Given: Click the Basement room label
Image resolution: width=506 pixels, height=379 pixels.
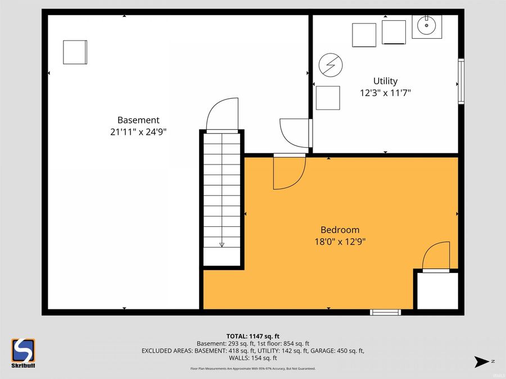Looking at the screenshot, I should [x=138, y=120].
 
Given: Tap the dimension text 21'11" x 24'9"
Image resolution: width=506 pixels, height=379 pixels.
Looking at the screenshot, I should [x=138, y=132].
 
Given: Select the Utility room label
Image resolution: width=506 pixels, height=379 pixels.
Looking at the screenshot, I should [x=386, y=81].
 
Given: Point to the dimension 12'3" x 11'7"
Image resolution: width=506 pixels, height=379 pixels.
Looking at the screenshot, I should [x=386, y=93].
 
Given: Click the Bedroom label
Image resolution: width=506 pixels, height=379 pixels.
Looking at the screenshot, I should [x=340, y=230].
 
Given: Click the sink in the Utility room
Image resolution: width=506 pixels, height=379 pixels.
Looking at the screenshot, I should [x=427, y=26].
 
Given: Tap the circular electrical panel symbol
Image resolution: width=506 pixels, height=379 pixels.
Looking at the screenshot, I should [x=329, y=65].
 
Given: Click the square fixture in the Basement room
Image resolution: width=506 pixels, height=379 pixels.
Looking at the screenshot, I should [x=75, y=52].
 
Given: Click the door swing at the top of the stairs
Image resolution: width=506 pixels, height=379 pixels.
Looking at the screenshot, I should [x=223, y=115].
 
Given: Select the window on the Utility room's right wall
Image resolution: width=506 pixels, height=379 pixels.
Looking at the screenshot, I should [x=461, y=82].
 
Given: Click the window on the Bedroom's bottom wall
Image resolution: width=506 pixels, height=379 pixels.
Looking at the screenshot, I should [x=385, y=312].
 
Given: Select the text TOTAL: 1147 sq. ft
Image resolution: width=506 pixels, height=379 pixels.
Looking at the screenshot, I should [x=253, y=336].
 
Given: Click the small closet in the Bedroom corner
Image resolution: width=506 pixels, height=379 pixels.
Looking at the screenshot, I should [x=437, y=291].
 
